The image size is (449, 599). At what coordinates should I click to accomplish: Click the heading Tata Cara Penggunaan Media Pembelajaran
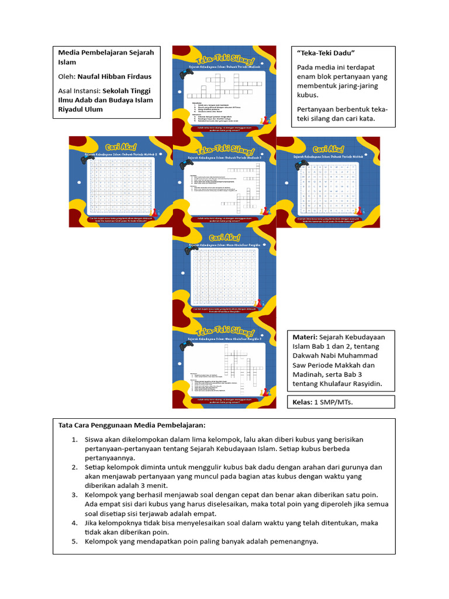coord(132,425)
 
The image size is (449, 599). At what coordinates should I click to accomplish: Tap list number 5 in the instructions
coord(74,541)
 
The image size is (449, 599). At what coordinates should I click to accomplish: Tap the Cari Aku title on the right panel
coord(328,149)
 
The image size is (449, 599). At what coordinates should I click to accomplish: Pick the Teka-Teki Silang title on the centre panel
coord(225,150)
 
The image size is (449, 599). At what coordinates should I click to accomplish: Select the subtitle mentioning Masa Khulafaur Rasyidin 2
coord(225,339)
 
